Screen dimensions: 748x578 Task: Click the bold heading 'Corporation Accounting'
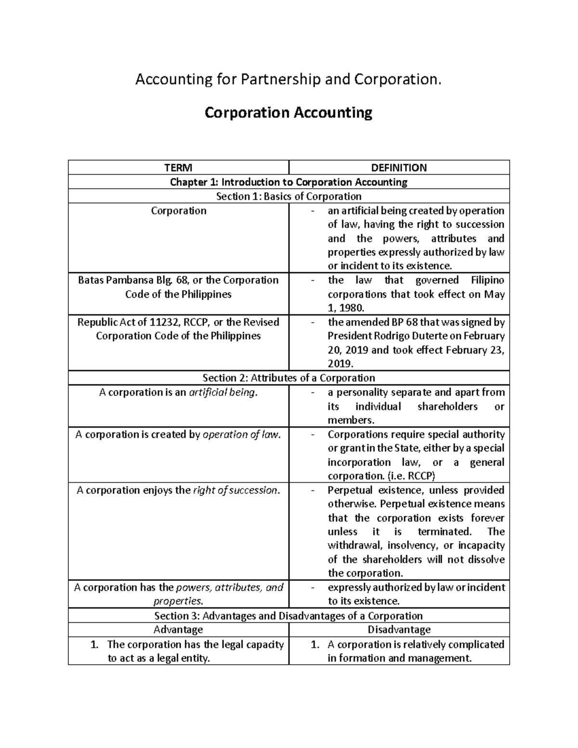click(288, 113)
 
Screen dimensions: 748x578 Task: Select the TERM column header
click(178, 168)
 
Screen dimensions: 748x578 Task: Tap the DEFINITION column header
click(399, 168)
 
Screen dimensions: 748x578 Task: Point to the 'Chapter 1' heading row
click(289, 182)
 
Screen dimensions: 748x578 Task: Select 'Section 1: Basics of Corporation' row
click(289, 196)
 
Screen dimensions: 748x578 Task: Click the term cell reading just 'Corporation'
click(178, 210)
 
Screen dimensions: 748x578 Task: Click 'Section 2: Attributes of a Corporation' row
click(289, 378)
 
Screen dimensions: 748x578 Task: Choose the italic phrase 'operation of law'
click(240, 434)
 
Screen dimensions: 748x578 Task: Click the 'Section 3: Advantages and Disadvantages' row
click(289, 616)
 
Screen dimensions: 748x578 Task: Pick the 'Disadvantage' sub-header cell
click(399, 630)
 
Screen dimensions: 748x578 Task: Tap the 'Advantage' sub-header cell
click(178, 630)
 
